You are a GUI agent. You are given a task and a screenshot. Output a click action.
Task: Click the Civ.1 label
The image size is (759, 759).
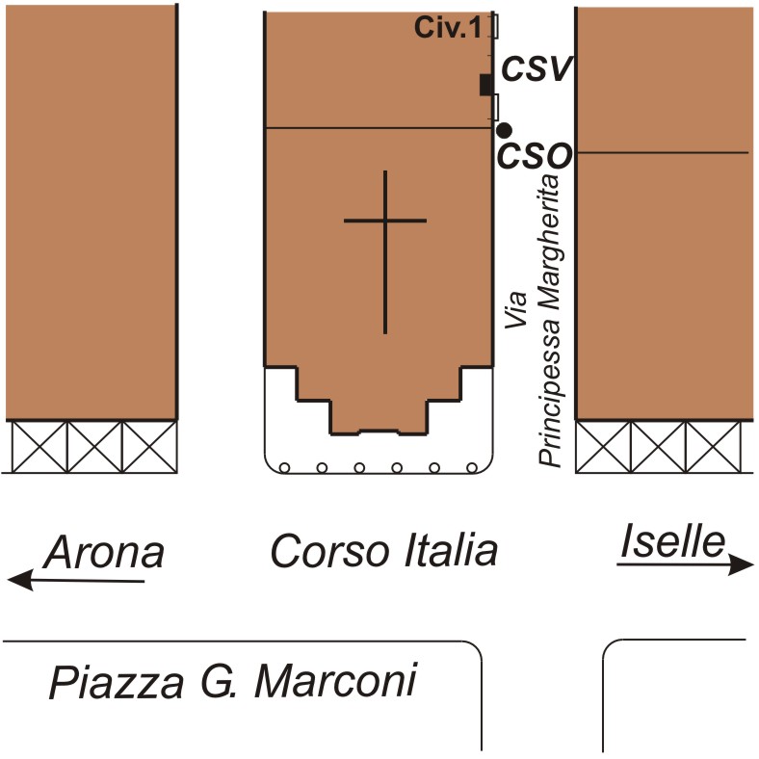point(448,27)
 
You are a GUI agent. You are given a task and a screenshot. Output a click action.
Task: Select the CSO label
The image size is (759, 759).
point(535,156)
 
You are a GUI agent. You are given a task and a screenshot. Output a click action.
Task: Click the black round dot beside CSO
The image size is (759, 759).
point(505,130)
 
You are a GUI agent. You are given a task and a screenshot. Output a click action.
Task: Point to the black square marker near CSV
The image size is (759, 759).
point(486,85)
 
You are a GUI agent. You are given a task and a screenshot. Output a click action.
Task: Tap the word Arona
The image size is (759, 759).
point(104,552)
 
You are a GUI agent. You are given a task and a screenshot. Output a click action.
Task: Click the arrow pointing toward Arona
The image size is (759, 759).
point(76,580)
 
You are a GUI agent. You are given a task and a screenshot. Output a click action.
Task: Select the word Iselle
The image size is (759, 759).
point(673,541)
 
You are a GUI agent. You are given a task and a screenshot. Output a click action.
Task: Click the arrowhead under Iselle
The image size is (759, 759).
point(741,565)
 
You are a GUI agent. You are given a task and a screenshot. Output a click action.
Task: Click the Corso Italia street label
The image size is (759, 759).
point(384,551)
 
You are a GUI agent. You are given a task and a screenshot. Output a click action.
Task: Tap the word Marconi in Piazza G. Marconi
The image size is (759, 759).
point(335,681)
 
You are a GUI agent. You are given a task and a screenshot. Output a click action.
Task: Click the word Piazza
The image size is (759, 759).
point(117,683)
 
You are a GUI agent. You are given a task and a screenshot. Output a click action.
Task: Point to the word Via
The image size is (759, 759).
point(515,310)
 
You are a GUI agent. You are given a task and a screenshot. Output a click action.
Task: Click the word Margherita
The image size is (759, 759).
point(548,241)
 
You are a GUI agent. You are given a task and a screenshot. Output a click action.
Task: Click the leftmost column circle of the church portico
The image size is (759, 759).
point(285,467)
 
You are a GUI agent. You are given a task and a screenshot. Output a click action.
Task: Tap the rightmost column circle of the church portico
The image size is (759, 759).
point(472,467)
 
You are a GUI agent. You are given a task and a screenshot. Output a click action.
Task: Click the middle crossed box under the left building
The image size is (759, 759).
point(94,446)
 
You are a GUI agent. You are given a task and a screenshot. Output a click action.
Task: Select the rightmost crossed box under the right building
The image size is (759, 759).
point(713,446)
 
